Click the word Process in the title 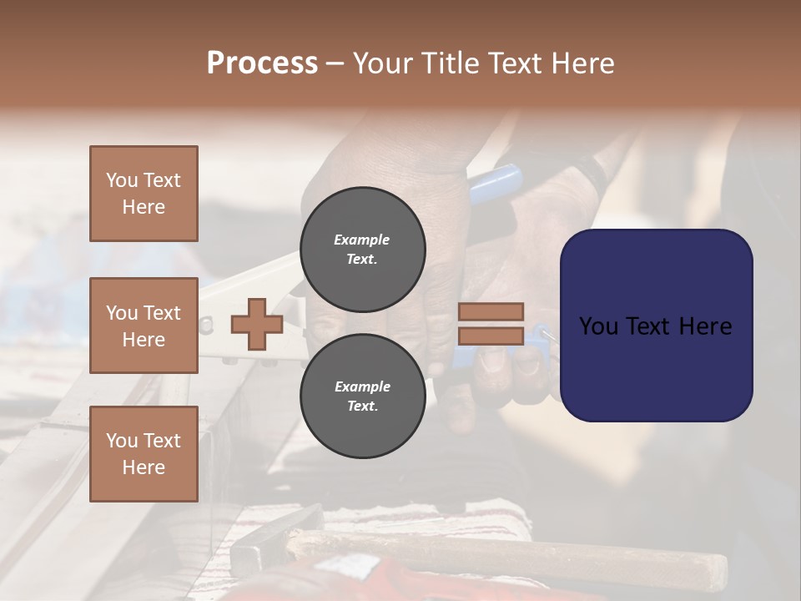(262, 63)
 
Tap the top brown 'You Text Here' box (144, 194)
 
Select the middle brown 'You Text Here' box (144, 326)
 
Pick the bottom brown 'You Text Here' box (144, 453)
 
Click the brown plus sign (256, 324)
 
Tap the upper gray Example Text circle (362, 250)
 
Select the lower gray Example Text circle (362, 396)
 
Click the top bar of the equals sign (491, 311)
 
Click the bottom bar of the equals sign (491, 336)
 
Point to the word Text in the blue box (657, 326)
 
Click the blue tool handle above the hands (497, 183)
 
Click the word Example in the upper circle (361, 240)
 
